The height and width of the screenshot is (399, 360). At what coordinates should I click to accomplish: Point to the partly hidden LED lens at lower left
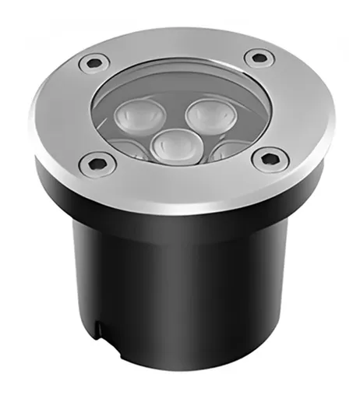(129, 153)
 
